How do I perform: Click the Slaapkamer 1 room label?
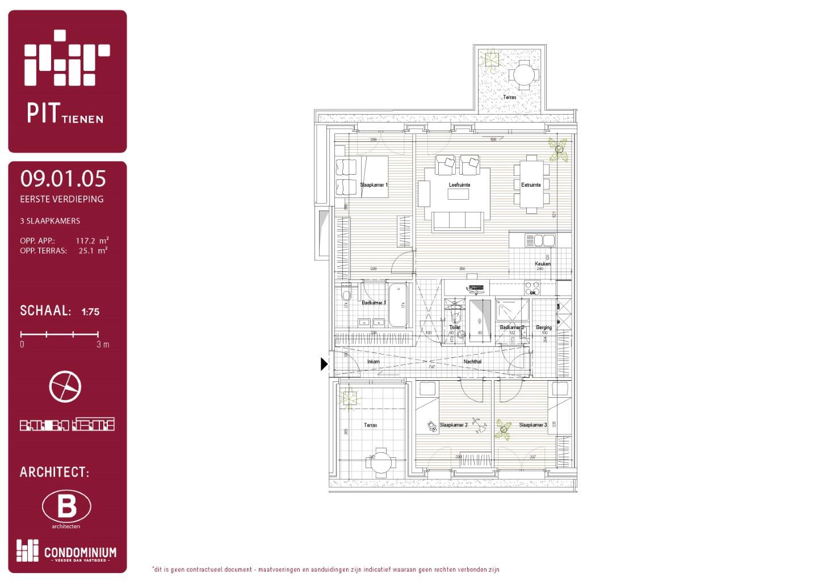coord(374,185)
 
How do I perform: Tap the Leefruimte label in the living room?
coord(459,185)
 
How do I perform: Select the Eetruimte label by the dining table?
coord(531,185)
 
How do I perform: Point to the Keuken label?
coord(542,264)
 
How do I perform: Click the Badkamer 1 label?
coord(374,303)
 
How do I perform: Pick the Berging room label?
coord(543,327)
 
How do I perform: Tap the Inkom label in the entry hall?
coord(373,361)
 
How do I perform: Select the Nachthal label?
coord(472,361)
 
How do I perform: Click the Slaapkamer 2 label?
coord(454,425)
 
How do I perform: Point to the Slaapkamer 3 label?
coord(532,425)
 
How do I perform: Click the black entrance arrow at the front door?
coord(324,364)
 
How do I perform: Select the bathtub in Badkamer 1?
coord(398,305)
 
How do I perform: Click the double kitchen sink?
coord(540,241)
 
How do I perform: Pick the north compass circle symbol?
coord(65,386)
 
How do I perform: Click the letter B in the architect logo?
coord(66,506)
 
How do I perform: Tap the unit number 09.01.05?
coord(63,179)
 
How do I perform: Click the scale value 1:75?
coord(90,311)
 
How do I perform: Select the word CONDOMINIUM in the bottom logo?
coord(80,552)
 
